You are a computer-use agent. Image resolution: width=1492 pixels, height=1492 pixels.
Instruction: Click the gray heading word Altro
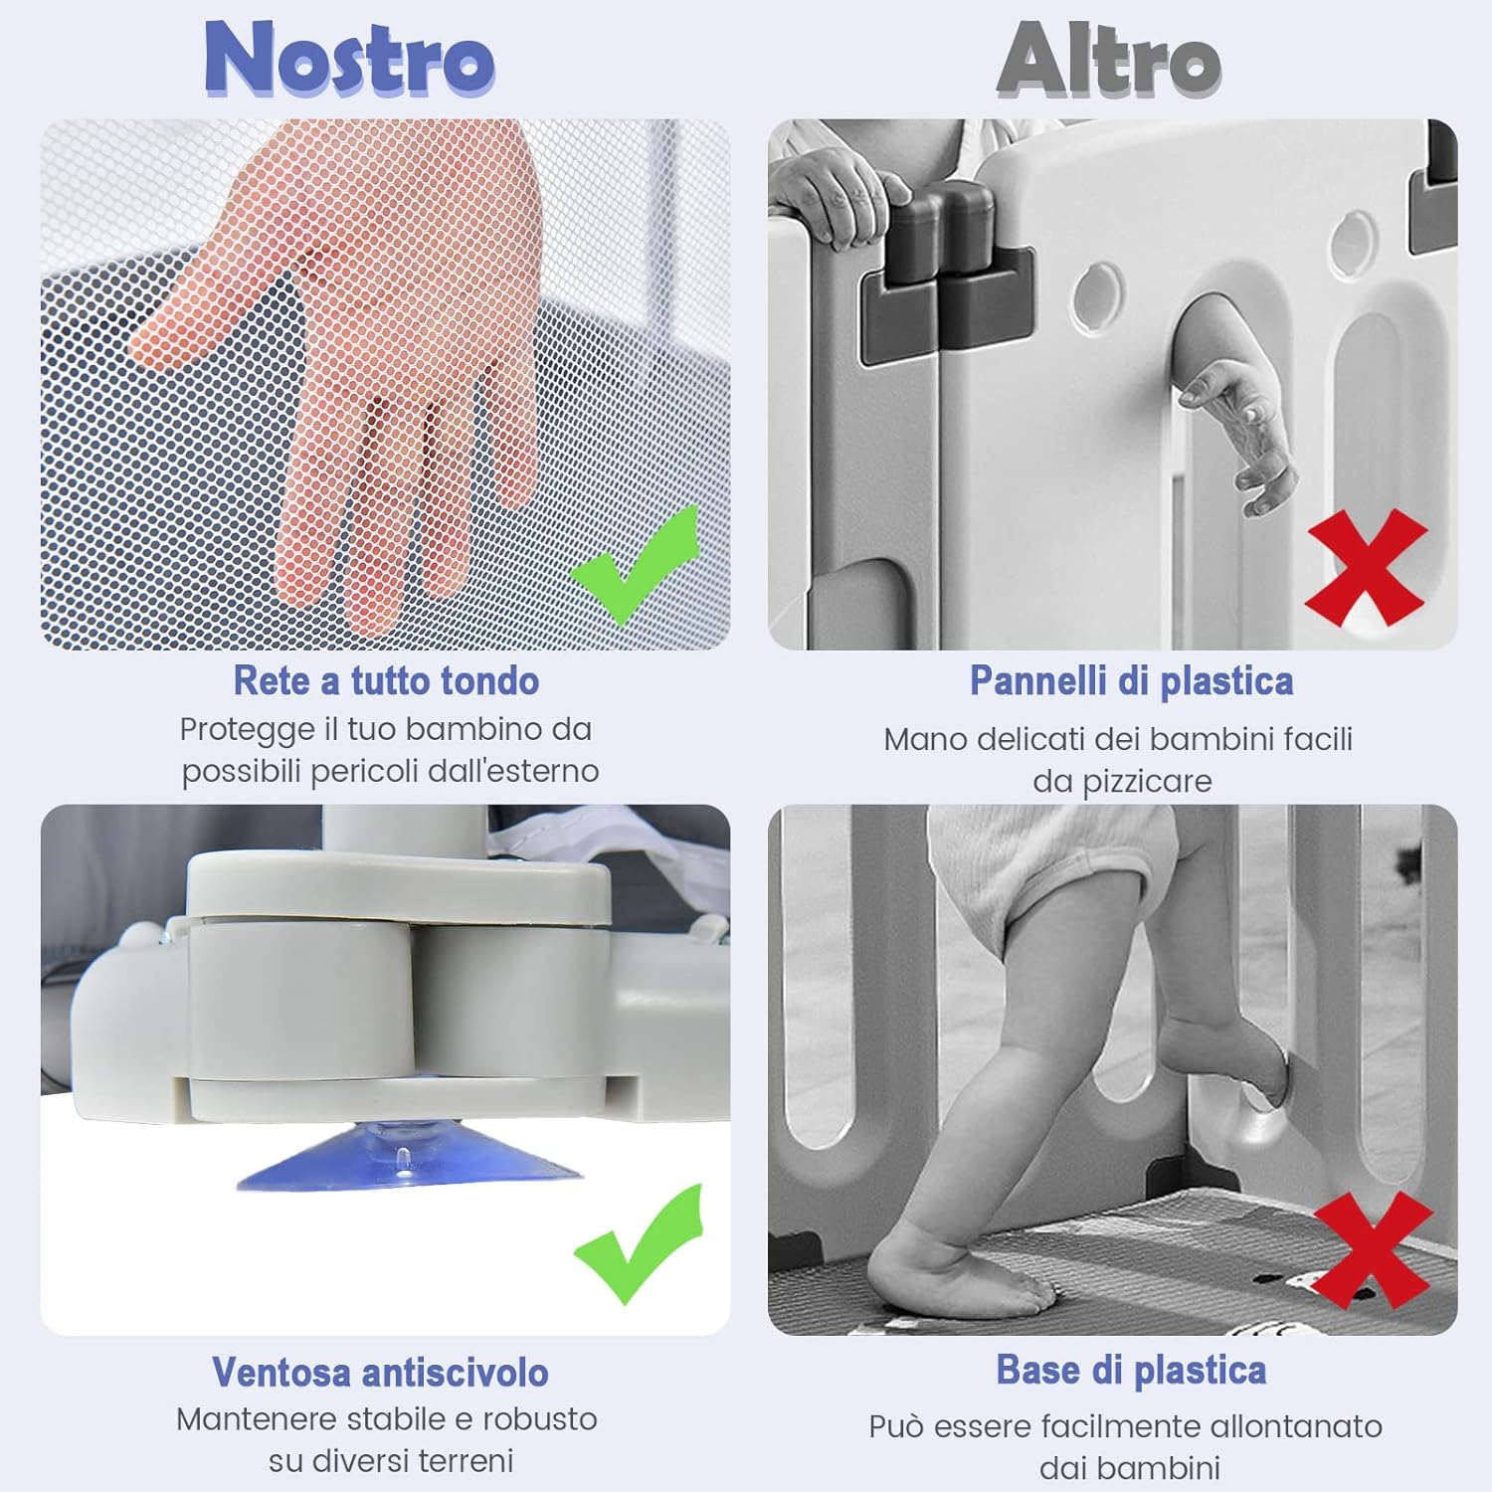(x=1109, y=60)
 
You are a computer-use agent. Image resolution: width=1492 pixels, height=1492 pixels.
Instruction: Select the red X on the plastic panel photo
(x=1367, y=567)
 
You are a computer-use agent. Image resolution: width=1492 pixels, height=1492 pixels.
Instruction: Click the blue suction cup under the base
(x=410, y=1159)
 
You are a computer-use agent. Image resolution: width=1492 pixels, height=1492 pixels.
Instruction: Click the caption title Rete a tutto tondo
(x=386, y=681)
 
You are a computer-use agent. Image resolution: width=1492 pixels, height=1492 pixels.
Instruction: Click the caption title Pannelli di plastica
(x=1131, y=681)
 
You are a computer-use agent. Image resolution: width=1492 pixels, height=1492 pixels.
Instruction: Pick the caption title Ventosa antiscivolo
(x=380, y=1373)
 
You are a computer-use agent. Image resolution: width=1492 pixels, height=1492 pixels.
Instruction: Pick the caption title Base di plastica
(x=1131, y=1371)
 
